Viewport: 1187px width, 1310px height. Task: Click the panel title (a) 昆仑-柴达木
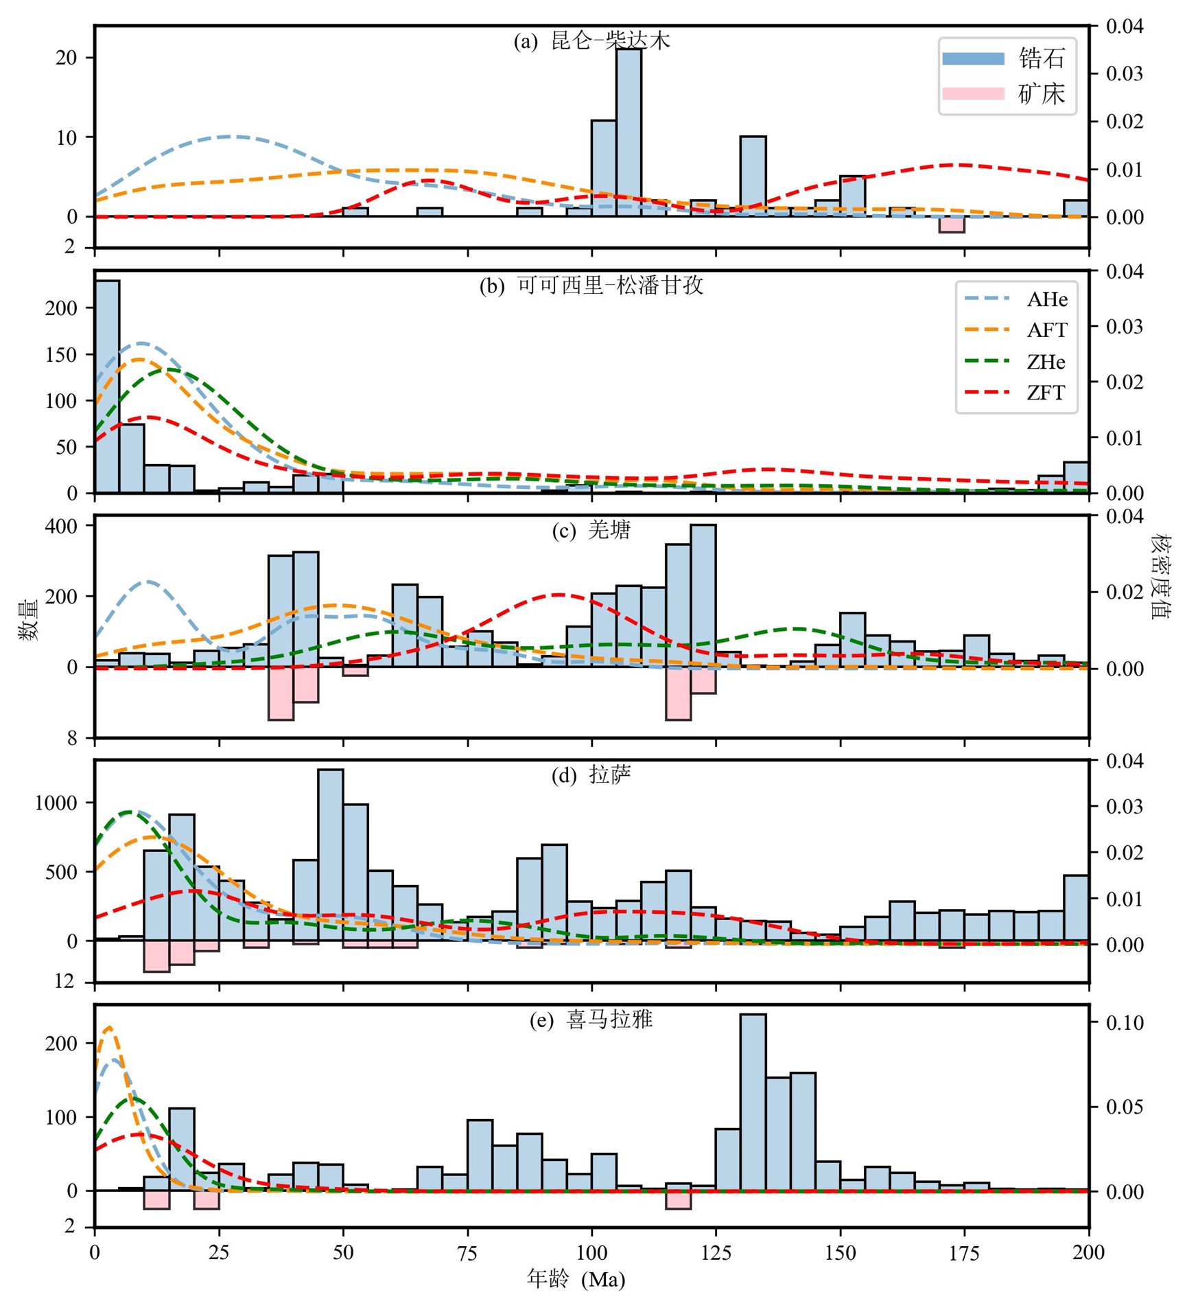(591, 42)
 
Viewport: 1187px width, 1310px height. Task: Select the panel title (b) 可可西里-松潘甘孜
(591, 286)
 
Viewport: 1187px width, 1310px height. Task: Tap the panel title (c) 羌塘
(591, 531)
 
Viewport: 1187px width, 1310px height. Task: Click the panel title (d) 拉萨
(591, 776)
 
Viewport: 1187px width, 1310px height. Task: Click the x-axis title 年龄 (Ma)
(576, 1279)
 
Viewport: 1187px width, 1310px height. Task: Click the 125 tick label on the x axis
(716, 1253)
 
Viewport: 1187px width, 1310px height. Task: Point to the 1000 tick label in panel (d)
(56, 803)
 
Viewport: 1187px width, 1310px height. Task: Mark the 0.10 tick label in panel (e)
(1125, 1023)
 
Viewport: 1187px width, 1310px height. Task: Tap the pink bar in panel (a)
(952, 225)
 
